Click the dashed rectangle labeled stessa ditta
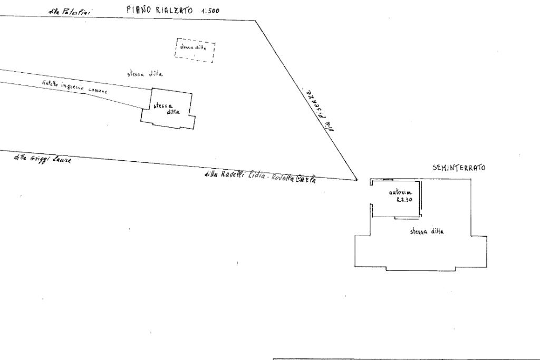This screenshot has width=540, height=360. click(x=195, y=50)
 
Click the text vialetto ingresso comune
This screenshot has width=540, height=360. click(x=74, y=87)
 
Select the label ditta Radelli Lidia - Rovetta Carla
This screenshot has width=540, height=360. click(x=260, y=177)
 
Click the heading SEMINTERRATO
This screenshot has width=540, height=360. click(x=459, y=168)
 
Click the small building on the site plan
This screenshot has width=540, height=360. click(x=167, y=109)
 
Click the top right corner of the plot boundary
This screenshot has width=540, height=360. click(x=256, y=21)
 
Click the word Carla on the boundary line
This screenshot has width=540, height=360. click(x=306, y=179)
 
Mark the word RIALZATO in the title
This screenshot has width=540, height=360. click(x=173, y=9)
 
